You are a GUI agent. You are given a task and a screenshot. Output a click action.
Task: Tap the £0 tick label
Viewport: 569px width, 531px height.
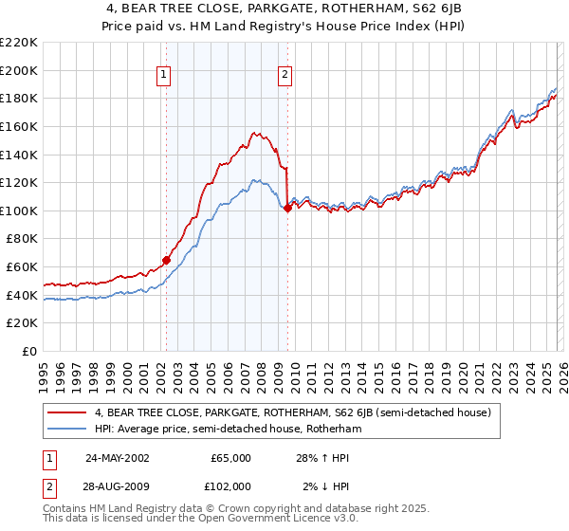(x=30, y=351)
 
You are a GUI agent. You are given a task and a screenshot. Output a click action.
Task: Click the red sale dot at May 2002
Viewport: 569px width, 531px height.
(x=166, y=260)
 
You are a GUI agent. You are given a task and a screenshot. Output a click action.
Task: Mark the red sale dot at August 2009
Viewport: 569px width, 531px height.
(x=287, y=208)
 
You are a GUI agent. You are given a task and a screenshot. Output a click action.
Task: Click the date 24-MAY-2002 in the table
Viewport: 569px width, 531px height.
(x=117, y=458)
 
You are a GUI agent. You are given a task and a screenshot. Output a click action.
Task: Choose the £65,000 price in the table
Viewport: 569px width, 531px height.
(x=230, y=458)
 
